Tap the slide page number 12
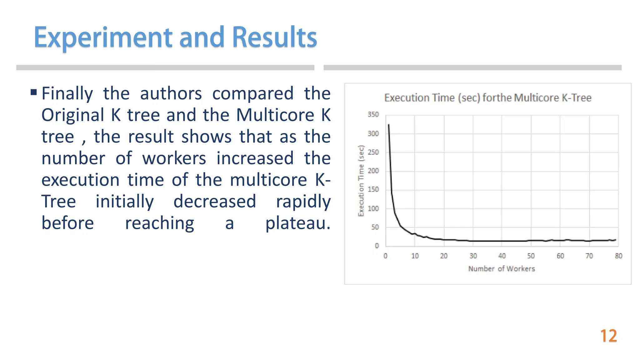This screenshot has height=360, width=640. pos(608,336)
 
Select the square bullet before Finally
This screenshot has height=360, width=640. pos(34,92)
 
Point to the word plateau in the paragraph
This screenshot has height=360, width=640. pos(297,223)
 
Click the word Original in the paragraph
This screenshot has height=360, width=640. pos(73,115)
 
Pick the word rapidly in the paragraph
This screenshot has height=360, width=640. pos(303,202)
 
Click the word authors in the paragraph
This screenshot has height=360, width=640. pos(171,93)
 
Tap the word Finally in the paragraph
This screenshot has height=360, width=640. pos(67,93)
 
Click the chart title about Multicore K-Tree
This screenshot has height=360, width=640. pos(487,98)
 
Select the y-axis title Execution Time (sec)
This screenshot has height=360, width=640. pos(361,181)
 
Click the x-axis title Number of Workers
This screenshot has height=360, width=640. pos(501,269)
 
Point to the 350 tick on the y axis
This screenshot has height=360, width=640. pos(373,115)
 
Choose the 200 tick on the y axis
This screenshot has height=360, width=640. pos(373,171)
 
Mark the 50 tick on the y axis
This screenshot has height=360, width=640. pos(375,227)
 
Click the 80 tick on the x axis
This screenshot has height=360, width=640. pos(618,256)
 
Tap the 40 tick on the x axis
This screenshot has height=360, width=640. pos(502,256)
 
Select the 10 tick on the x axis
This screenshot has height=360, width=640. pos(415,256)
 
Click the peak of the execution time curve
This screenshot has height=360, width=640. pos(388,125)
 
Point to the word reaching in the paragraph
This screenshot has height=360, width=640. pos(159,223)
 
